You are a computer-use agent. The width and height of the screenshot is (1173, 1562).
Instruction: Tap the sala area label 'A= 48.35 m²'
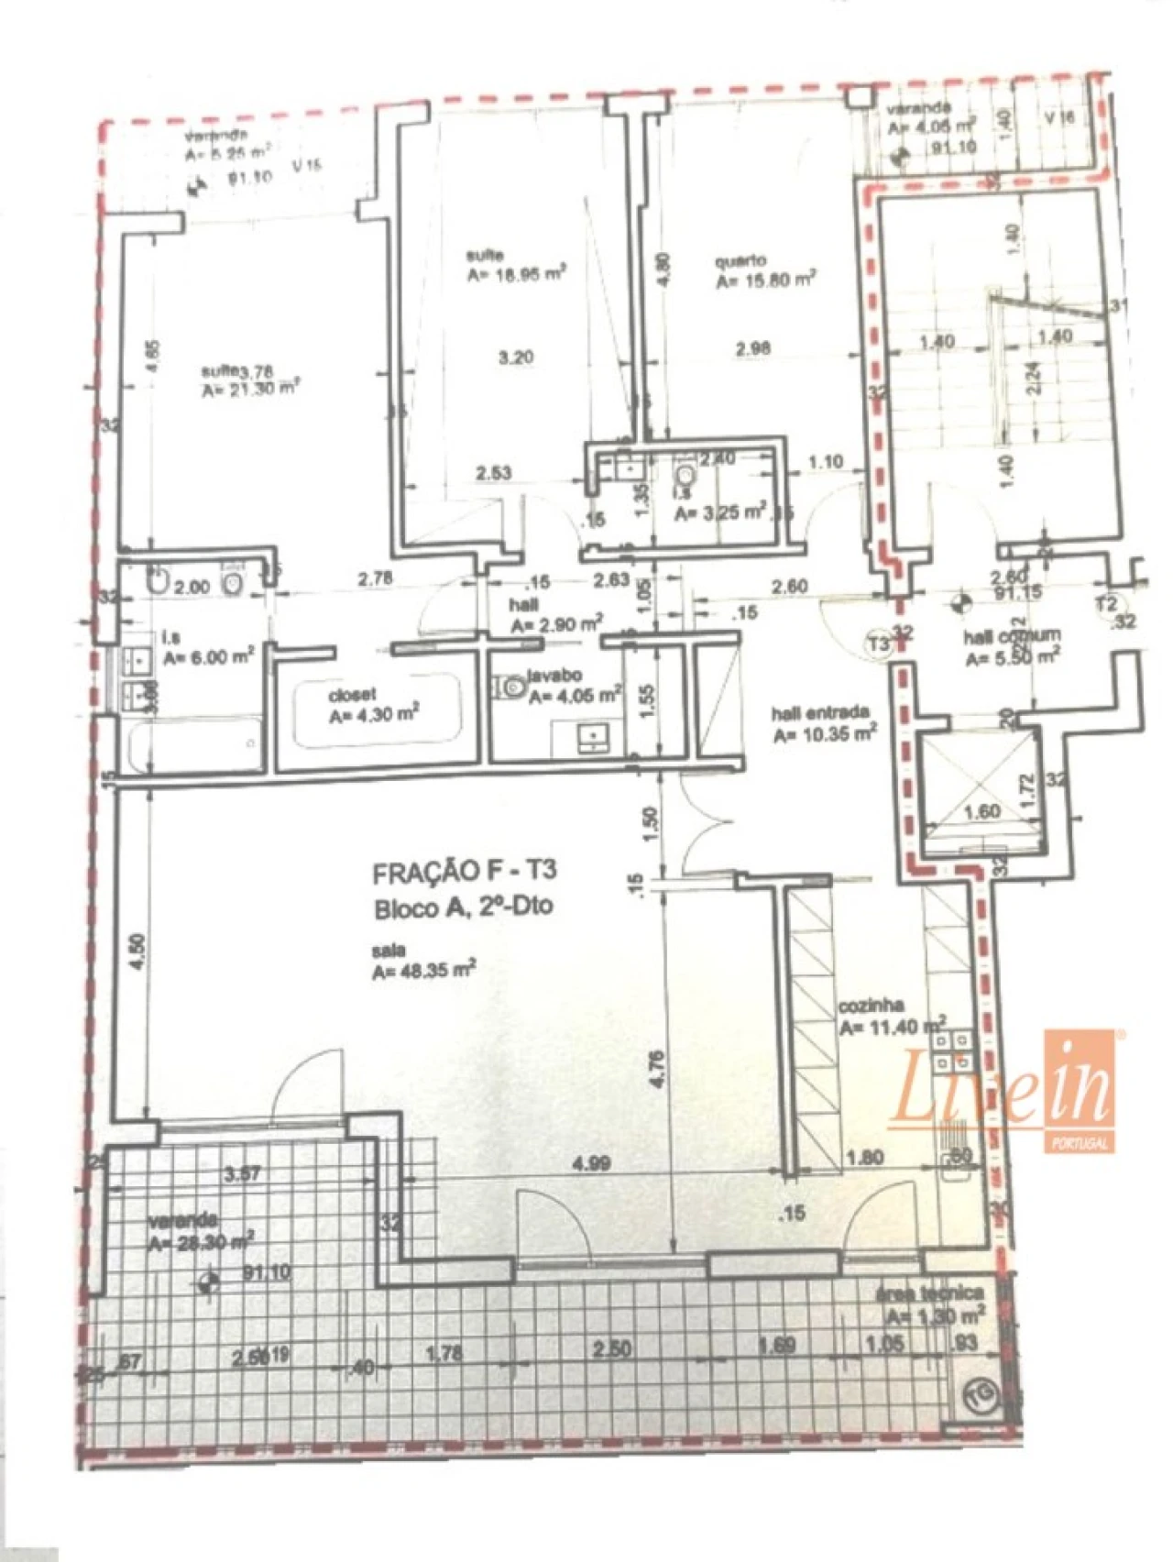coord(423,971)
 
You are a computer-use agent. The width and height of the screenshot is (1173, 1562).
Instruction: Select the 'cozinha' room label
coord(871,1006)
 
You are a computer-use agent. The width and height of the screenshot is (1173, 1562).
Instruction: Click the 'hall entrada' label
coord(820,713)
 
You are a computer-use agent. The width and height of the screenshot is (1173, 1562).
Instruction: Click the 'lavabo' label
coord(554,676)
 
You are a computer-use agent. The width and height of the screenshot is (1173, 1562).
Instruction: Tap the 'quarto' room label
coord(740,261)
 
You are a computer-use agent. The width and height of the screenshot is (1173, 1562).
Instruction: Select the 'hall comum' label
coord(1012,635)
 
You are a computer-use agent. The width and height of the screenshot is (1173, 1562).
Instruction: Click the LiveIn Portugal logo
coord(1003,1091)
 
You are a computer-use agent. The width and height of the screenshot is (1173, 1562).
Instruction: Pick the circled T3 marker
coord(879,644)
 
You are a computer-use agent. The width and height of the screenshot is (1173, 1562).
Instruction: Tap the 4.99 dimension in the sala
coord(591,1163)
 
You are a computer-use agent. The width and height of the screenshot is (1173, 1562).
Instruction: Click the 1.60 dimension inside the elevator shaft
coord(982,811)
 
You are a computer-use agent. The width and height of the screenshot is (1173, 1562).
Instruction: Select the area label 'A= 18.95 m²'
coord(515,273)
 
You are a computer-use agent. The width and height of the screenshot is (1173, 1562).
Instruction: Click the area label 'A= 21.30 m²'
coord(251,390)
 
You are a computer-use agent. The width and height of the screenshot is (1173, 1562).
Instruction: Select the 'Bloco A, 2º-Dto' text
coord(463,907)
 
